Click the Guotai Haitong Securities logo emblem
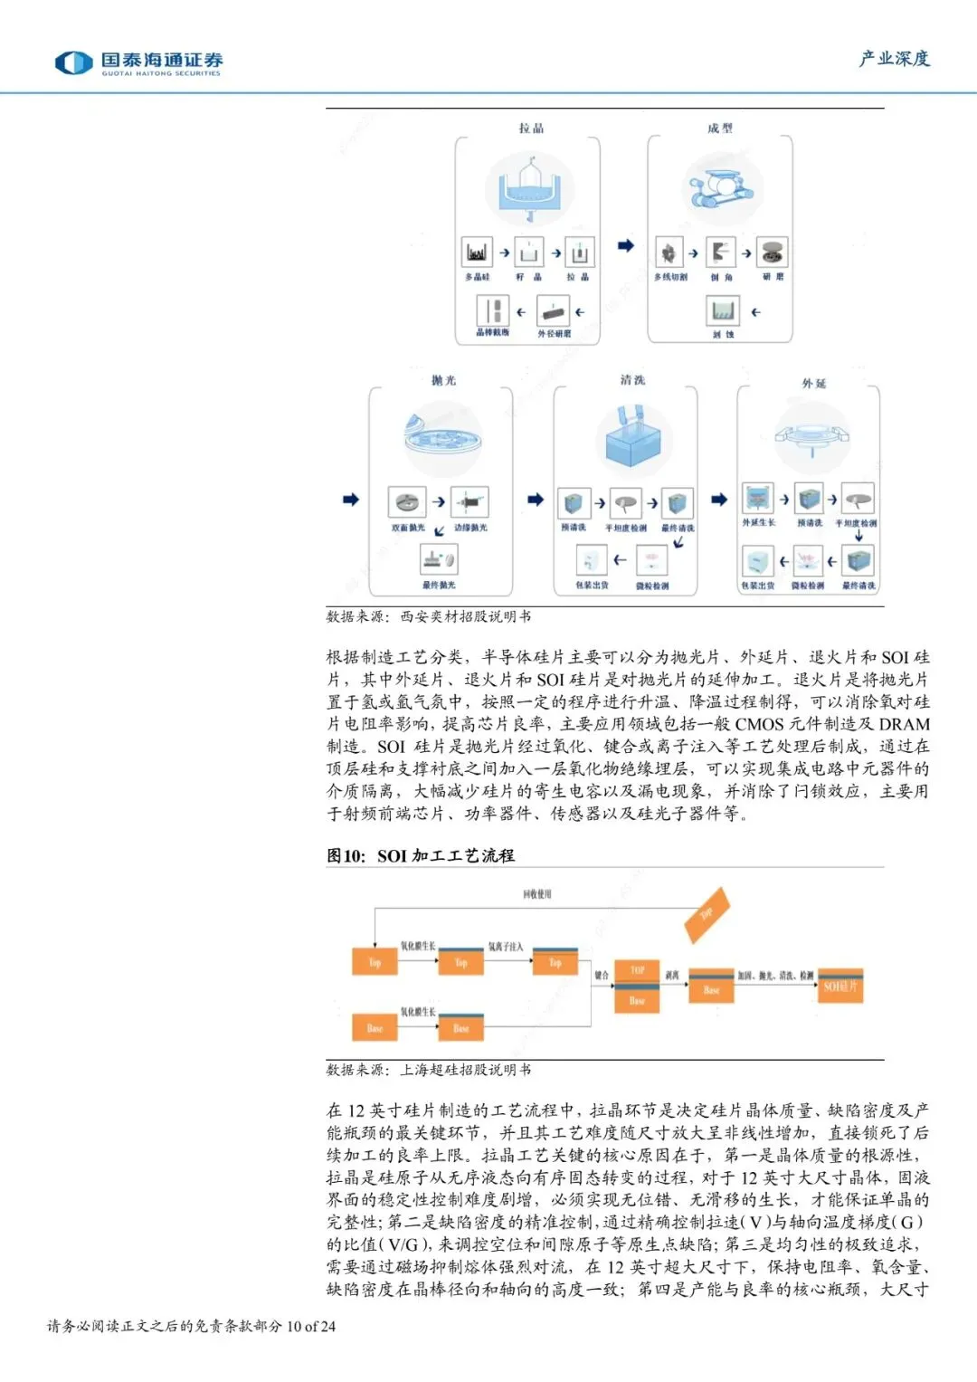[x=73, y=62]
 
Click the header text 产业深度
[x=894, y=59]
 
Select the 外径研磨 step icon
[x=554, y=312]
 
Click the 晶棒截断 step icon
[x=492, y=310]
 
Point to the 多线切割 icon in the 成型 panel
[x=669, y=253]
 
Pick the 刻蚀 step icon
[x=723, y=311]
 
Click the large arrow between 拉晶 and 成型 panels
[x=625, y=245]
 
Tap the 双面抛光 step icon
[x=407, y=501]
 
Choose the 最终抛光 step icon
[x=439, y=558]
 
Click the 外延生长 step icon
[x=758, y=498]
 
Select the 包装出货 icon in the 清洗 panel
[x=592, y=561]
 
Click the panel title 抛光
[x=443, y=380]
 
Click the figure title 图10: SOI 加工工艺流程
[x=421, y=855]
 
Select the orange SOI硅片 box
[x=840, y=986]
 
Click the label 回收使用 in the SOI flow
[x=536, y=894]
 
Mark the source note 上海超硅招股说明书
[x=465, y=1070]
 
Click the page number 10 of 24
[x=310, y=1327]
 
